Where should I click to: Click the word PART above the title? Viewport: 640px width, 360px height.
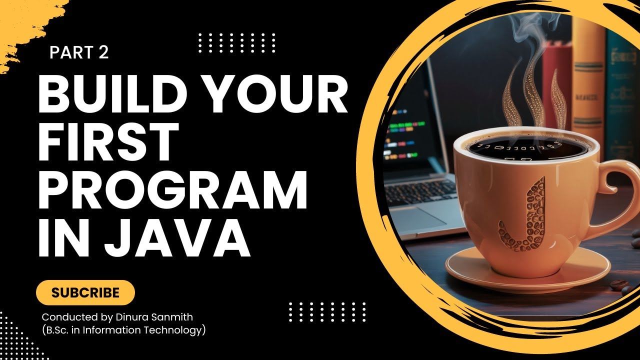pyautogui.click(x=71, y=52)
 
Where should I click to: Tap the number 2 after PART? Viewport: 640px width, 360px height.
pyautogui.click(x=103, y=52)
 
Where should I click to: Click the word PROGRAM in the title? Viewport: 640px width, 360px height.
pyautogui.click(x=172, y=189)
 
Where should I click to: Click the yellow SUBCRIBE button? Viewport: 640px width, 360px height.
pyautogui.click(x=85, y=292)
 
